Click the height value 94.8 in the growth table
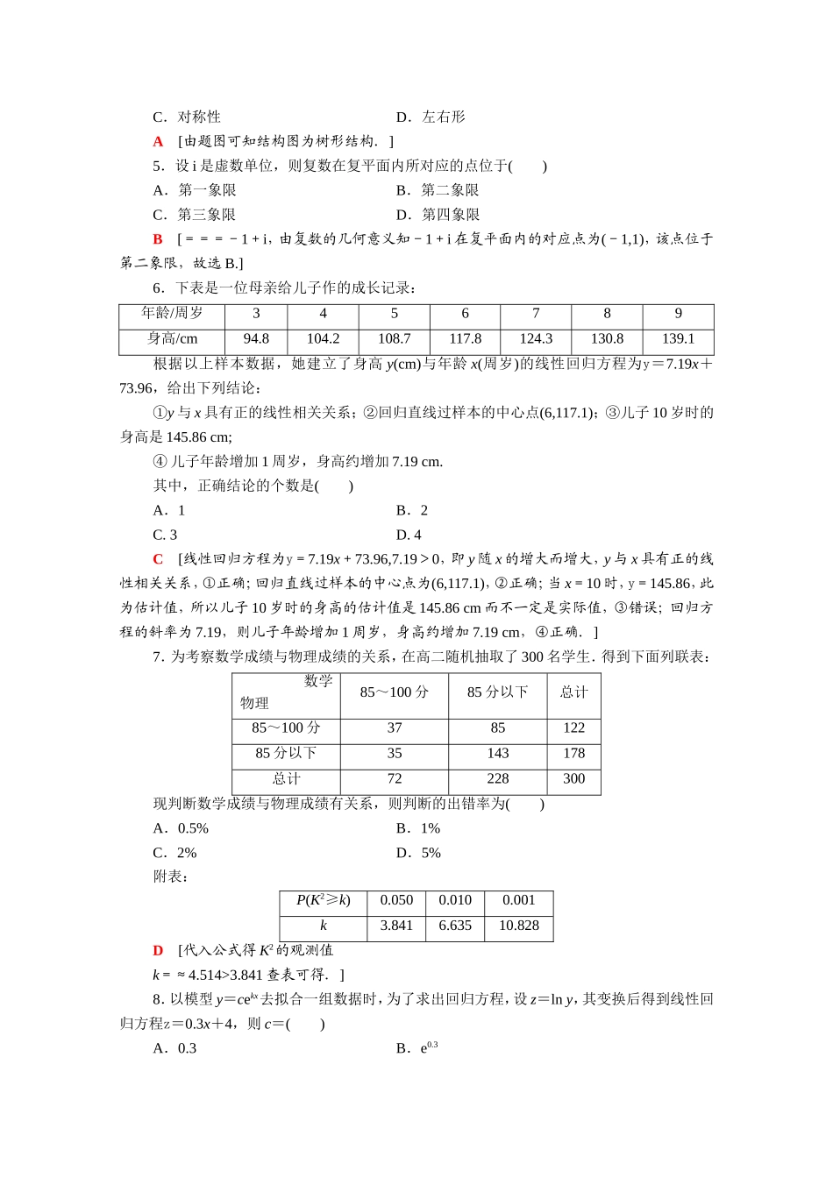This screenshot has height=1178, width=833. pos(256,338)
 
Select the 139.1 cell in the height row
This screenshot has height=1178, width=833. pos(678,338)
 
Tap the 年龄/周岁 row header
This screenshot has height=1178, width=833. pos(172,313)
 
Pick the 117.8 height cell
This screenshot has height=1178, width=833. pos(465,338)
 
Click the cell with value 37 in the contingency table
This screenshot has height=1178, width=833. pos(395,727)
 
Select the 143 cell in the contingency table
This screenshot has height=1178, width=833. pos(497,753)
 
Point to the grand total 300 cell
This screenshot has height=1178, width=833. pos(573,778)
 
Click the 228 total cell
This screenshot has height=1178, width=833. pos(497,778)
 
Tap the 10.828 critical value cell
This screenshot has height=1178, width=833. pos(518,926)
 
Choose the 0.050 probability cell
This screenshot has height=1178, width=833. pos(396,900)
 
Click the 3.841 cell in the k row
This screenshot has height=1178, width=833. pos(396,926)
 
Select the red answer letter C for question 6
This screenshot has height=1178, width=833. pos(158,559)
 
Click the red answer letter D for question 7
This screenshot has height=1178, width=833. pos(158,950)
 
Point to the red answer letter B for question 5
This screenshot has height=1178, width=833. pos(158,239)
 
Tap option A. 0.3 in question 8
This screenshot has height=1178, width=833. pos(174,1048)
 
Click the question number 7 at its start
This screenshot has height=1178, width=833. pos(157,656)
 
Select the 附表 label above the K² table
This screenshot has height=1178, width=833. pos(170,876)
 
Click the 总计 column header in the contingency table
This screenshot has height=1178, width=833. pos(573,692)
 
